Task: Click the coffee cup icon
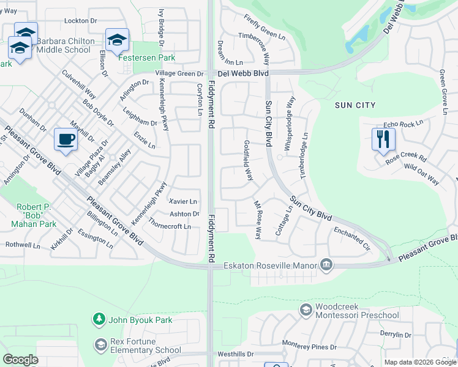tap(66, 139)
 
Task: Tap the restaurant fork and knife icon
tap(383, 139)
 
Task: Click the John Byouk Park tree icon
tap(98, 319)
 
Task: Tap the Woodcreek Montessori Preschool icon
tap(306, 311)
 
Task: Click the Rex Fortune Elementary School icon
tap(100, 345)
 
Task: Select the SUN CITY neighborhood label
tap(355, 105)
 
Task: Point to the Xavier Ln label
tap(183, 201)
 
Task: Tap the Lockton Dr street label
tap(80, 21)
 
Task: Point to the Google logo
tap(20, 360)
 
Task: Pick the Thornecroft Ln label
tap(170, 226)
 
